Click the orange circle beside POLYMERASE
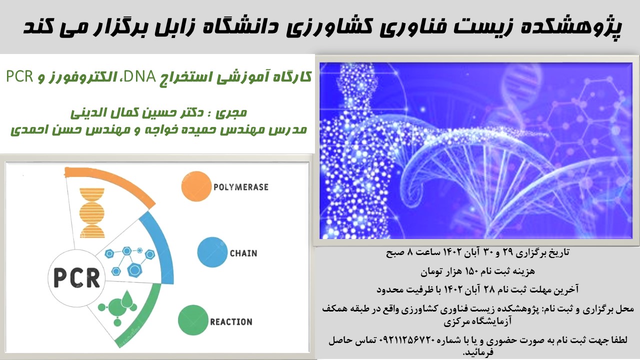coord(196,186)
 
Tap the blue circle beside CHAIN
coord(212,252)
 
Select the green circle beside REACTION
coord(193,320)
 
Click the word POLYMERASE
coord(241,187)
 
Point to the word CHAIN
coord(243,253)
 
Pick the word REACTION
coord(231,322)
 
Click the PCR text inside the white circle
coord(77,277)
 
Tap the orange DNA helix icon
coord(92,213)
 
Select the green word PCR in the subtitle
coord(19,76)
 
